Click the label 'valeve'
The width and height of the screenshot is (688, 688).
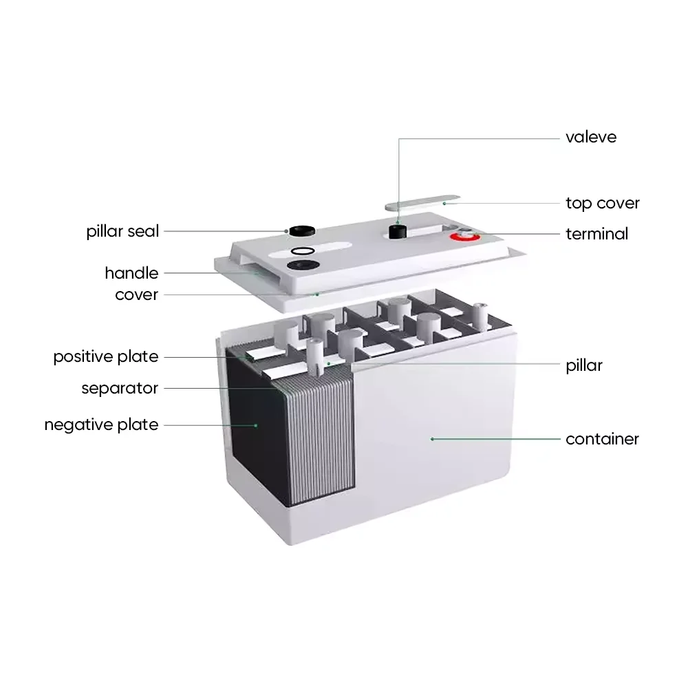pyautogui.click(x=590, y=137)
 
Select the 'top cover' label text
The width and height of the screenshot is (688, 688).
pyautogui.click(x=602, y=203)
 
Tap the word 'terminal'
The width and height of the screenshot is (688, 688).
pyautogui.click(x=596, y=234)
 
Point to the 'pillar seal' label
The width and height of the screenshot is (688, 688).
pyautogui.click(x=122, y=231)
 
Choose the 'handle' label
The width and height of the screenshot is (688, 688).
pyautogui.click(x=131, y=273)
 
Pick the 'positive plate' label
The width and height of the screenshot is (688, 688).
pyautogui.click(x=106, y=357)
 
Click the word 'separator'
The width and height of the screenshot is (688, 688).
pyautogui.click(x=120, y=388)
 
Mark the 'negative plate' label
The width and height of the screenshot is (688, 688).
pyautogui.click(x=101, y=424)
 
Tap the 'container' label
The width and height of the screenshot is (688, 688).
pyautogui.click(x=602, y=439)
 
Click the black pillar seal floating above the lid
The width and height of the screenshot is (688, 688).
pyautogui.click(x=298, y=231)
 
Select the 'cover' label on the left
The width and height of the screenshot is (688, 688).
pyautogui.click(x=137, y=294)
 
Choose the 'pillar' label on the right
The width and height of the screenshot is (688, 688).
pyautogui.click(x=583, y=365)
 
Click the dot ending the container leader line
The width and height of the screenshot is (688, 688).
pyautogui.click(x=432, y=438)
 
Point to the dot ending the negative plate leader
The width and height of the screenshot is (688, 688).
pyautogui.click(x=255, y=425)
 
